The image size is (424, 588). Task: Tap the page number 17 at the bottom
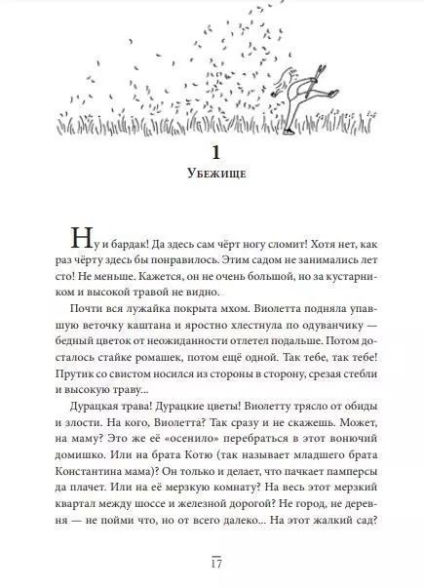click(212, 565)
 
